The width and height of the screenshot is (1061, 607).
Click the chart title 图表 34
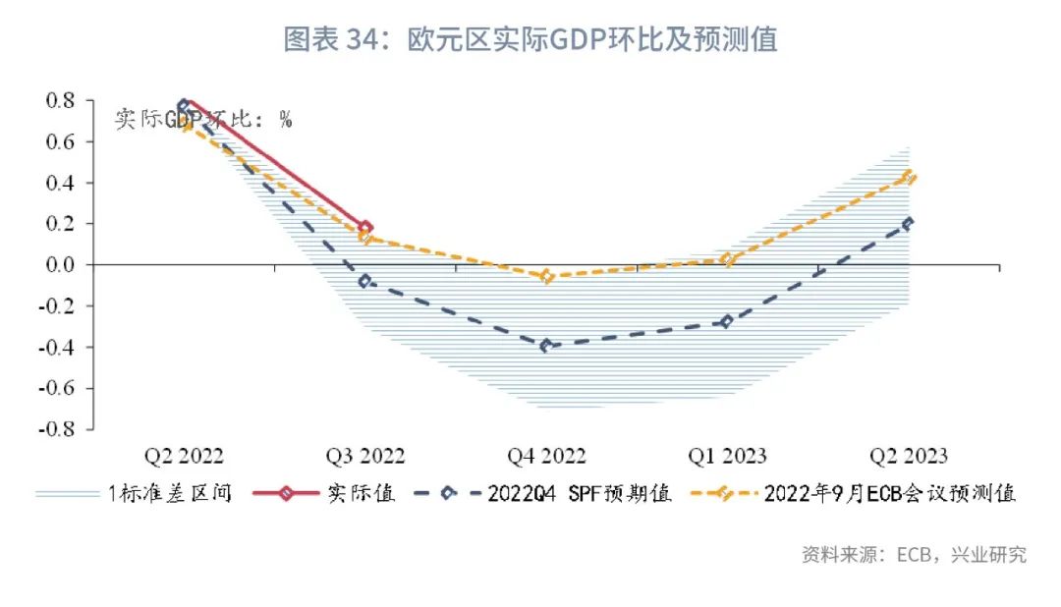click(530, 39)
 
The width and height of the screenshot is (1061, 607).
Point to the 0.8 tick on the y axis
click(61, 100)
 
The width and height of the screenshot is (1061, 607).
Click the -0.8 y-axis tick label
click(57, 429)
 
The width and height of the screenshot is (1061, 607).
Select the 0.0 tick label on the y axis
click(61, 265)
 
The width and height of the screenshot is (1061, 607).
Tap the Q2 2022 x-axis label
click(184, 456)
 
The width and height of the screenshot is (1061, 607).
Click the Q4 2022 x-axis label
click(546, 456)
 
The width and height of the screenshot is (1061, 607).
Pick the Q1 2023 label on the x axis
click(727, 456)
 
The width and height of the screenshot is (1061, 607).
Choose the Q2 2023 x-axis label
click(908, 456)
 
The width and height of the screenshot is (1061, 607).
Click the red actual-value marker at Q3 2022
click(365, 228)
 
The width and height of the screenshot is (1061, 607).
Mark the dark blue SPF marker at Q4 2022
click(546, 346)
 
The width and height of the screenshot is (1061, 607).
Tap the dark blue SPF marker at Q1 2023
click(727, 321)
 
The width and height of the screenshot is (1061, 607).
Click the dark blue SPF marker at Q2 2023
click(908, 223)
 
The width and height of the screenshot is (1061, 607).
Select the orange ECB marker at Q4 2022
click(546, 277)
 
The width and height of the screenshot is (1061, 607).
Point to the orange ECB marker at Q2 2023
click(909, 178)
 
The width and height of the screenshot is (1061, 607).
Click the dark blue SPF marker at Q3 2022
click(365, 281)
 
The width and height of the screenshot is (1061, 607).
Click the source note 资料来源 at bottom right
click(914, 555)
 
